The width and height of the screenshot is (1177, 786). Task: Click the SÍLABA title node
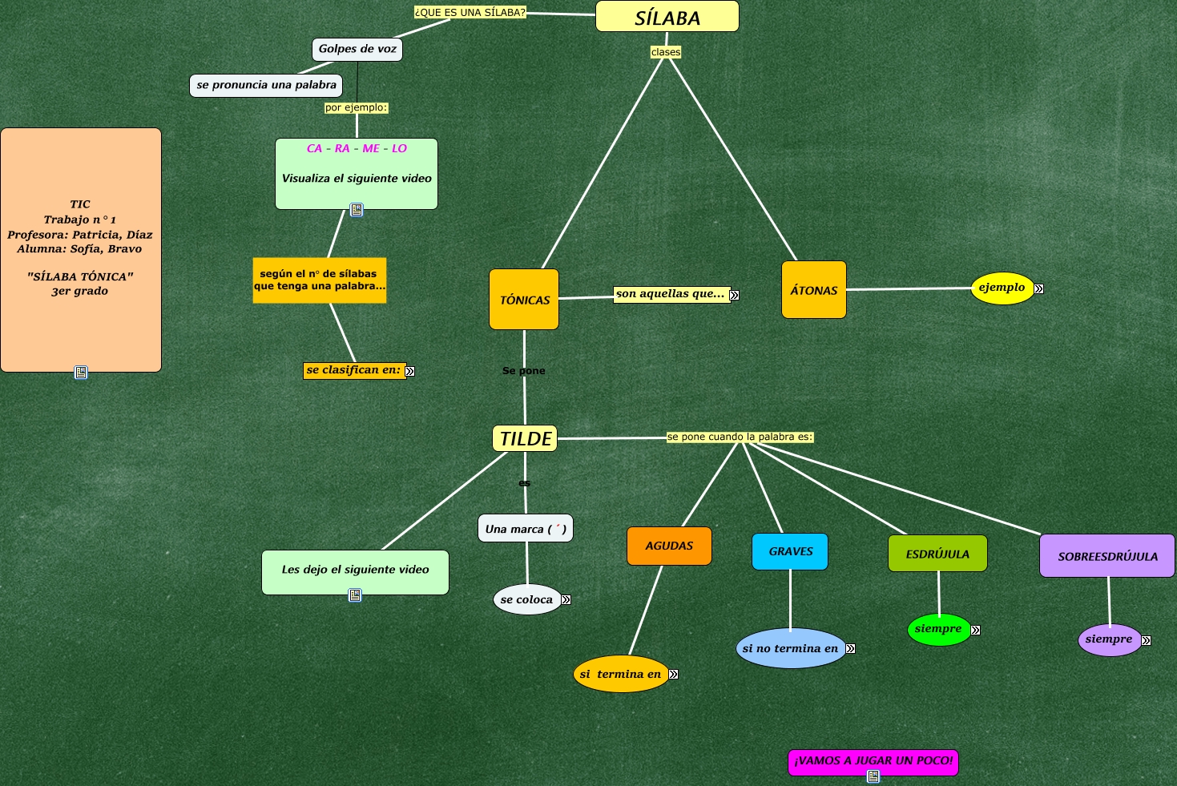(x=667, y=16)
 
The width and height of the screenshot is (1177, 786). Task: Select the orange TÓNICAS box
(x=524, y=300)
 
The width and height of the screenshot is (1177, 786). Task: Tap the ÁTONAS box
(x=814, y=289)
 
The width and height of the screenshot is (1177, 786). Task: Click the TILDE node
(x=525, y=438)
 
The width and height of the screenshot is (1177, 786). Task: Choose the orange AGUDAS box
(x=669, y=546)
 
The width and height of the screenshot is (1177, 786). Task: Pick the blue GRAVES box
(x=790, y=552)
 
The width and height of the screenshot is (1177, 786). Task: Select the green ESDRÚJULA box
(x=937, y=554)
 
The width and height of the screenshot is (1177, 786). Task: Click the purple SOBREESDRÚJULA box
(x=1107, y=556)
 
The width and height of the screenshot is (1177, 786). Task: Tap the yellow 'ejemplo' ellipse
(x=1002, y=288)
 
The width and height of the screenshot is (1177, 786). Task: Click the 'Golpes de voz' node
(x=357, y=50)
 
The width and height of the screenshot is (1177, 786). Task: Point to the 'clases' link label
(x=666, y=52)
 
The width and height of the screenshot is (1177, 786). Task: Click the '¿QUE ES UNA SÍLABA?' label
(x=470, y=13)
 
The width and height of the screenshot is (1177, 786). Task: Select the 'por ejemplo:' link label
(x=357, y=107)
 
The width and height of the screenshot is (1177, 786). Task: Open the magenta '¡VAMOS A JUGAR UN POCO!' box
(x=873, y=762)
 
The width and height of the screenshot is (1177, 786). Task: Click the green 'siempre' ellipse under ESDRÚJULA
(x=938, y=630)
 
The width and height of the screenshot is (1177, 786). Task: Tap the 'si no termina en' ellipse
(x=790, y=648)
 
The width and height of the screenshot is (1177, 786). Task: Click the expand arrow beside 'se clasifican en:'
(x=410, y=371)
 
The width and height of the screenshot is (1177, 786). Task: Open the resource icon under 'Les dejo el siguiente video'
(x=355, y=595)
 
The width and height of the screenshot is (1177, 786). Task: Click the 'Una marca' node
(x=526, y=529)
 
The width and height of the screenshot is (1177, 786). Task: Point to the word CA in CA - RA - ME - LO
(x=314, y=148)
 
